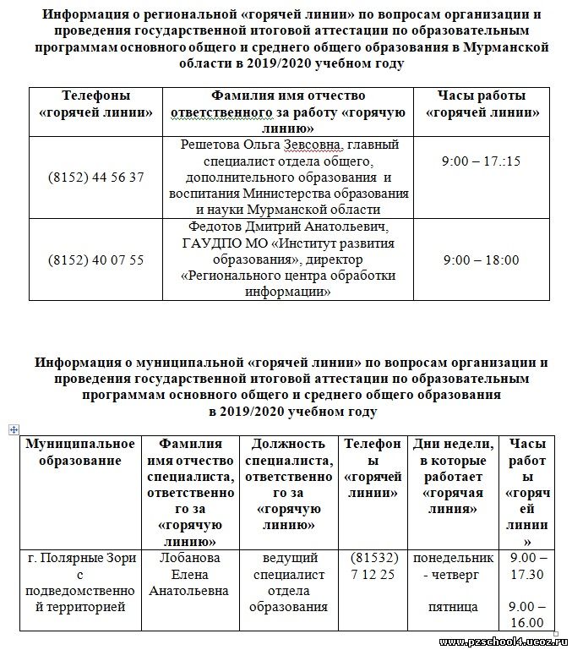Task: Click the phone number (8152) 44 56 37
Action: [96, 178]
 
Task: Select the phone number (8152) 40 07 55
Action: [96, 259]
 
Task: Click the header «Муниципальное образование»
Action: [80, 452]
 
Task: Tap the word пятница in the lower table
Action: [453, 607]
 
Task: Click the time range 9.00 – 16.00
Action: [529, 614]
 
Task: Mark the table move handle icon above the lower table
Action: [14, 430]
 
